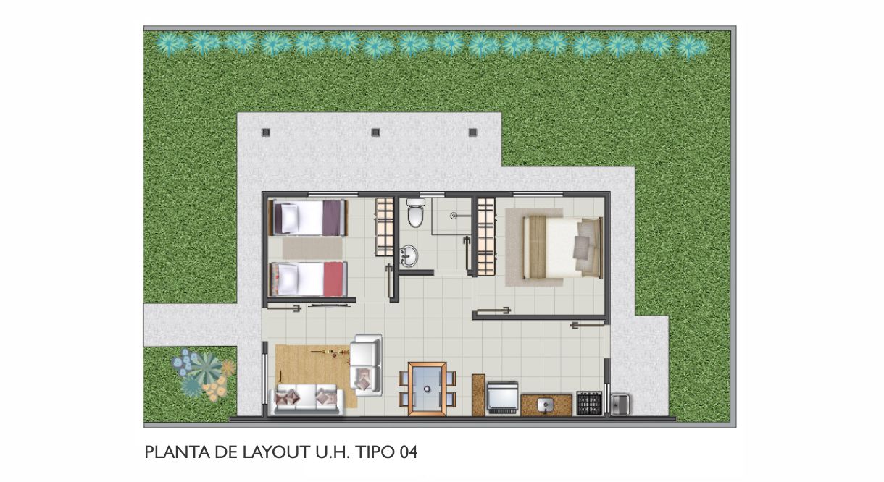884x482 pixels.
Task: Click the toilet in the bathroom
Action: [416, 213]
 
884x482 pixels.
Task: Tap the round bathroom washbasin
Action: [408, 255]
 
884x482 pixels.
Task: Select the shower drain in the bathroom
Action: [454, 216]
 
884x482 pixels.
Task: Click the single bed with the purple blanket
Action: [307, 218]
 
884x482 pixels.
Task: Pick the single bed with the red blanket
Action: [307, 279]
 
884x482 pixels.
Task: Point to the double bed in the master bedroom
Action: [563, 247]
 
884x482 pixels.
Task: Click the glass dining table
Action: [428, 389]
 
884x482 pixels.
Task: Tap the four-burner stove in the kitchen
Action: [589, 403]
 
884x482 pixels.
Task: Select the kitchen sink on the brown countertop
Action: [546, 405]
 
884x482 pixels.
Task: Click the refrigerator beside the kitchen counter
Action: [502, 397]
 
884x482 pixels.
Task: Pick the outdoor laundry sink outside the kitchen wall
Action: [620, 405]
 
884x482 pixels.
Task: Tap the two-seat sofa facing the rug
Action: [366, 365]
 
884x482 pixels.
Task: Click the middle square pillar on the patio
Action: [375, 132]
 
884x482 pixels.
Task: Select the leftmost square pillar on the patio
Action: [266, 132]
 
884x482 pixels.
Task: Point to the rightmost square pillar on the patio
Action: [472, 132]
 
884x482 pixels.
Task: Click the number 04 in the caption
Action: [408, 452]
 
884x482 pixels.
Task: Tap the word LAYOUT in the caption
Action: [276, 452]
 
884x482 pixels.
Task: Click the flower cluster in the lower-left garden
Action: [204, 374]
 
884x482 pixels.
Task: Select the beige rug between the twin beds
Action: [312, 249]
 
